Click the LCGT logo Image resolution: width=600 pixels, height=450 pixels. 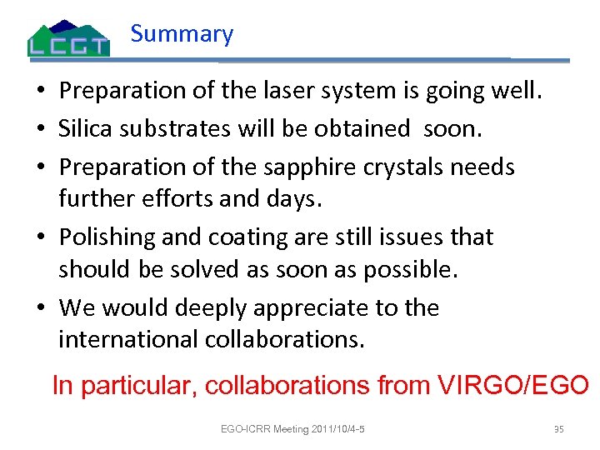click(x=68, y=37)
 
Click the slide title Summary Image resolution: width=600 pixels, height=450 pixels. click(x=182, y=34)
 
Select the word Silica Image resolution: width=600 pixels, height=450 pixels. click(x=86, y=128)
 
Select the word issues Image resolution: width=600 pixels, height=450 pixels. click(x=394, y=237)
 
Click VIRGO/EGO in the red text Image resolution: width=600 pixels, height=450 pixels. click(x=511, y=385)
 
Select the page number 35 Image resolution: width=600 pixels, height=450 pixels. click(x=558, y=429)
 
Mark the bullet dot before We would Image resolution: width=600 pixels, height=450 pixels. click(x=41, y=309)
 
